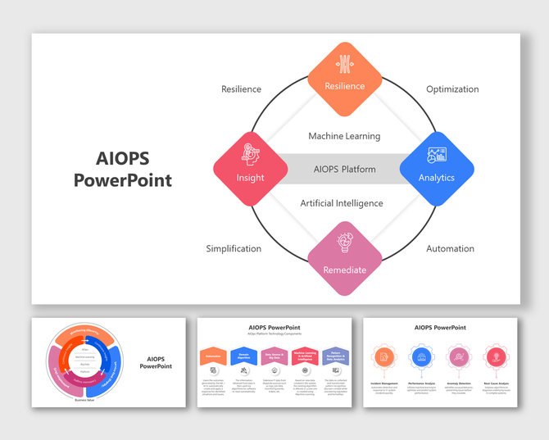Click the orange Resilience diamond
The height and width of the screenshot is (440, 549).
(x=345, y=79)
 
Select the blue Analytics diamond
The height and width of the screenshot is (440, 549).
(x=437, y=169)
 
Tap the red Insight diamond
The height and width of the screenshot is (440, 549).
(x=251, y=169)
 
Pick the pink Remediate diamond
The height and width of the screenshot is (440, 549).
(x=345, y=260)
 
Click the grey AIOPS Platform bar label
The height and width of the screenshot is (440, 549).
(x=344, y=170)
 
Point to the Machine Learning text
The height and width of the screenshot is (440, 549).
(x=344, y=136)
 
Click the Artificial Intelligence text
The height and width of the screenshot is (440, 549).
(x=342, y=203)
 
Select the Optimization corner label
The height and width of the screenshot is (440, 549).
(x=452, y=89)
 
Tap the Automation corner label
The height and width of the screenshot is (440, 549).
(x=450, y=248)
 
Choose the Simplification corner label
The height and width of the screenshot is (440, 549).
(x=234, y=248)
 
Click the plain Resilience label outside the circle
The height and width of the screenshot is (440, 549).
(x=241, y=89)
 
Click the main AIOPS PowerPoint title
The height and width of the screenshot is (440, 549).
(x=123, y=170)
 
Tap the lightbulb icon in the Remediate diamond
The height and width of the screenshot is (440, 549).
(x=345, y=243)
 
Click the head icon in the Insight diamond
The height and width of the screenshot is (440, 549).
(x=251, y=154)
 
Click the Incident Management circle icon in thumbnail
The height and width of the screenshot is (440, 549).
(x=384, y=357)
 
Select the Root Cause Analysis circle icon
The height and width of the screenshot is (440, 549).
(x=494, y=357)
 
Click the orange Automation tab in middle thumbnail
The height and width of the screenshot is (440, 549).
(x=213, y=356)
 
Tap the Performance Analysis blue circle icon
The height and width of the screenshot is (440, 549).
(x=421, y=357)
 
